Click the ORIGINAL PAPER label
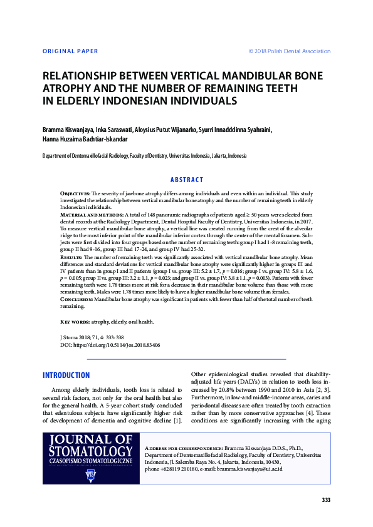point(70,51)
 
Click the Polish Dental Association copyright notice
point(289,51)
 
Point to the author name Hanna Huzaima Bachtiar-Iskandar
point(85,140)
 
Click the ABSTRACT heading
point(187,180)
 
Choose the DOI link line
point(100,345)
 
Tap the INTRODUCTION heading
point(66,376)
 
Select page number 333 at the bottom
point(325,499)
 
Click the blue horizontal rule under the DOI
point(186,359)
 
